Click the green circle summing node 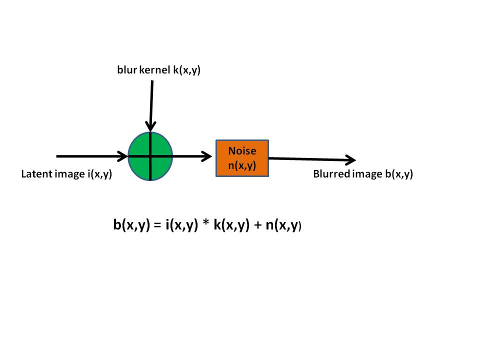click(x=150, y=156)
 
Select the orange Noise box click(x=242, y=158)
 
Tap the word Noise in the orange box click(x=242, y=150)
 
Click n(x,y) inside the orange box click(x=242, y=165)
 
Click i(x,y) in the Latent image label click(x=97, y=174)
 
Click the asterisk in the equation click(x=206, y=224)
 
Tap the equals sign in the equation click(x=156, y=226)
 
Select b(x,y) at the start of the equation click(x=131, y=226)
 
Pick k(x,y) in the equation click(x=231, y=226)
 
